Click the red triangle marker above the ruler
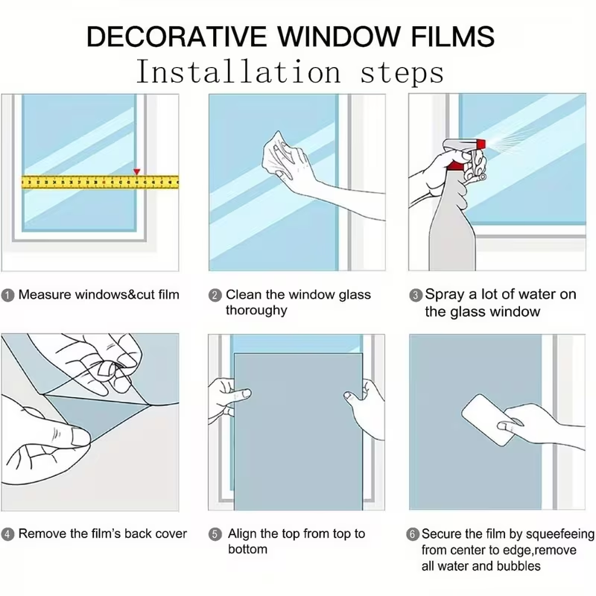tap(137, 172)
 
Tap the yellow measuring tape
tap(100, 182)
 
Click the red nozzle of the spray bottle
tap(481, 144)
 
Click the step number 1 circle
tap(7, 295)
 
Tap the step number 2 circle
tap(215, 295)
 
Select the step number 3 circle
tap(416, 295)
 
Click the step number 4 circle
tap(7, 534)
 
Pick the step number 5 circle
tap(215, 534)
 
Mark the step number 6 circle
tap(413, 534)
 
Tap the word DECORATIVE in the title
tap(177, 37)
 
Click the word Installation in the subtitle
tap(238, 72)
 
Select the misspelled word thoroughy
tap(256, 311)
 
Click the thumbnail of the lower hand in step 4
tap(80, 437)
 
